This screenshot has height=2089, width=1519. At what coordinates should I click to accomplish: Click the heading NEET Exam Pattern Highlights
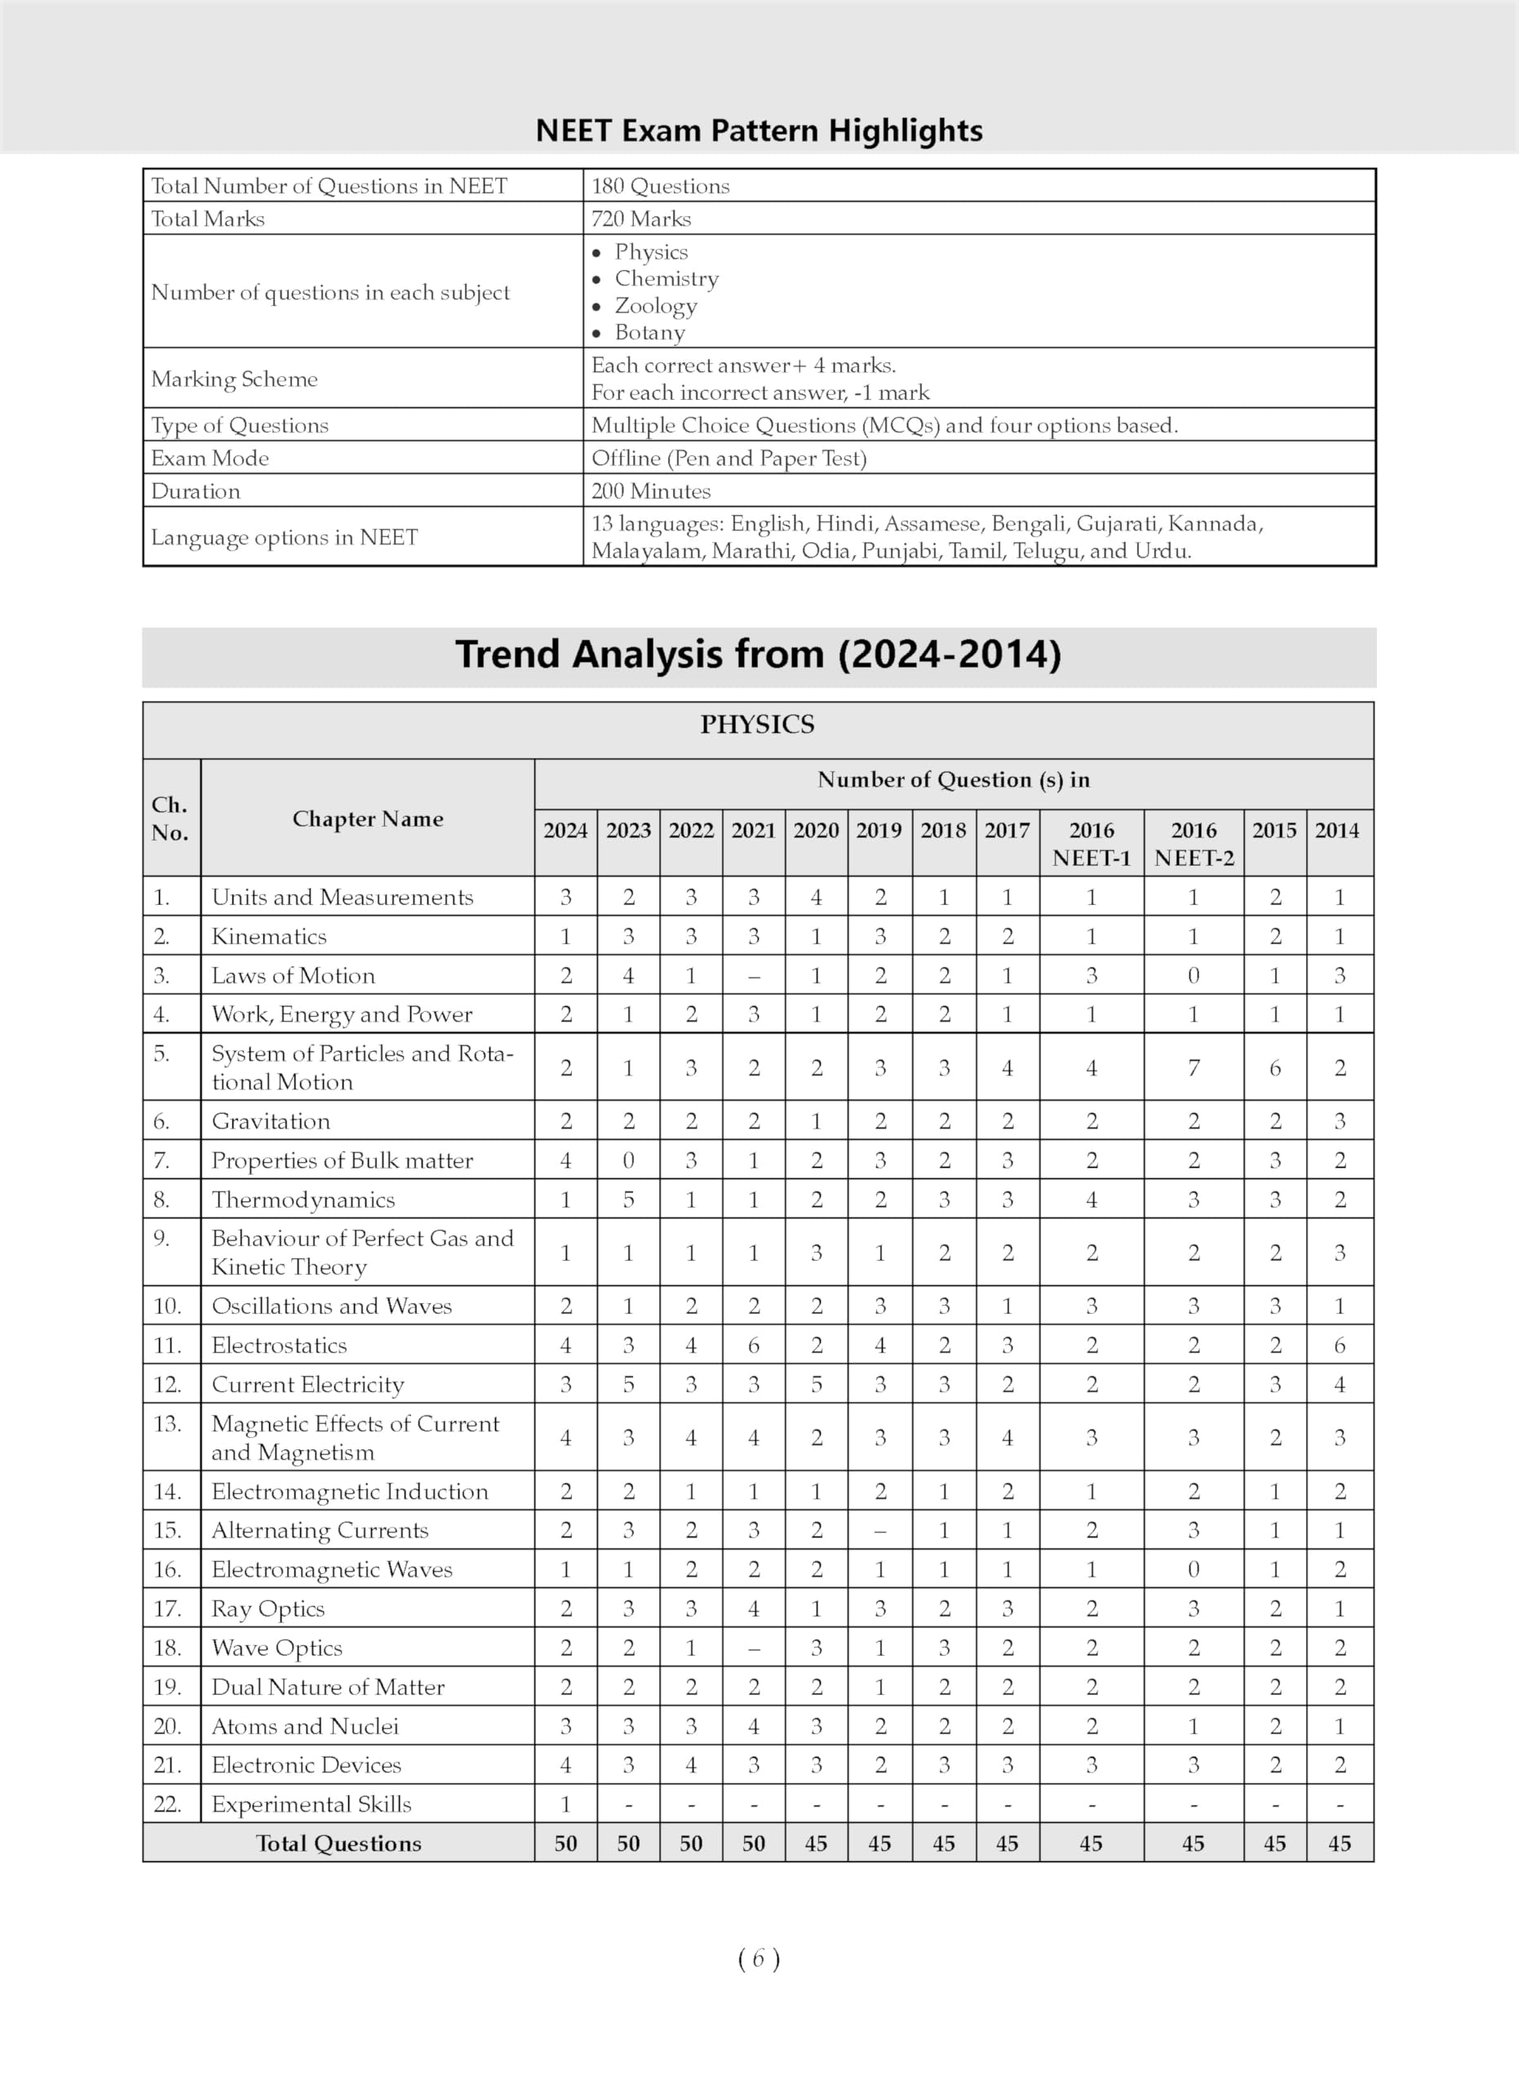click(x=759, y=131)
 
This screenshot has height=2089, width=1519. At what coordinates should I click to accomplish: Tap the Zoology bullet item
click(x=655, y=305)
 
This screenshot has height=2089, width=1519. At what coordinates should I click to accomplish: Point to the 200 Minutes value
click(x=651, y=491)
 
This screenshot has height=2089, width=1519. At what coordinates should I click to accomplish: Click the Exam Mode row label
click(x=210, y=458)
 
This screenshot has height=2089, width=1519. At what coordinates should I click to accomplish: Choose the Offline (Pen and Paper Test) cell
click(x=728, y=458)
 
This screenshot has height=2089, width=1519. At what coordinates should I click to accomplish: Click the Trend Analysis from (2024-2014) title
click(x=759, y=654)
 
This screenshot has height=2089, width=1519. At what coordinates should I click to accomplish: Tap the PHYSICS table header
click(x=757, y=725)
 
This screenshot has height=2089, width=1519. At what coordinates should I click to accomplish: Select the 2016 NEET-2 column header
click(x=1193, y=844)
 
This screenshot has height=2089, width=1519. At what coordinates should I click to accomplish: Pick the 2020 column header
click(x=816, y=831)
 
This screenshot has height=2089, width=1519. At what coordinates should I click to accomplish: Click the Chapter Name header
click(x=367, y=818)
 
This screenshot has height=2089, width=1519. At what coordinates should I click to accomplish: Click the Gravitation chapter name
click(x=271, y=1121)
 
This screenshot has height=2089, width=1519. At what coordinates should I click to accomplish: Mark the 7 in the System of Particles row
click(x=1193, y=1067)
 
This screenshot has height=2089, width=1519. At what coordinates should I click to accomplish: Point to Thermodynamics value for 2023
click(x=628, y=1200)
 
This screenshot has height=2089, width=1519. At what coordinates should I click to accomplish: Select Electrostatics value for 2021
click(x=753, y=1345)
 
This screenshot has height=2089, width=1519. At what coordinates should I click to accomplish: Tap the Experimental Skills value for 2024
click(x=565, y=1803)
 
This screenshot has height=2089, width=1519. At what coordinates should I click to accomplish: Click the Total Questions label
click(x=338, y=1843)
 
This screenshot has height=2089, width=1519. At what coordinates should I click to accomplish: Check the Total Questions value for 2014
click(x=1339, y=1843)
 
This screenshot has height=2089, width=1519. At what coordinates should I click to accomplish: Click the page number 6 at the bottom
click(x=759, y=1959)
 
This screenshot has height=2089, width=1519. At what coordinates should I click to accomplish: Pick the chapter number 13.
click(x=167, y=1423)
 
